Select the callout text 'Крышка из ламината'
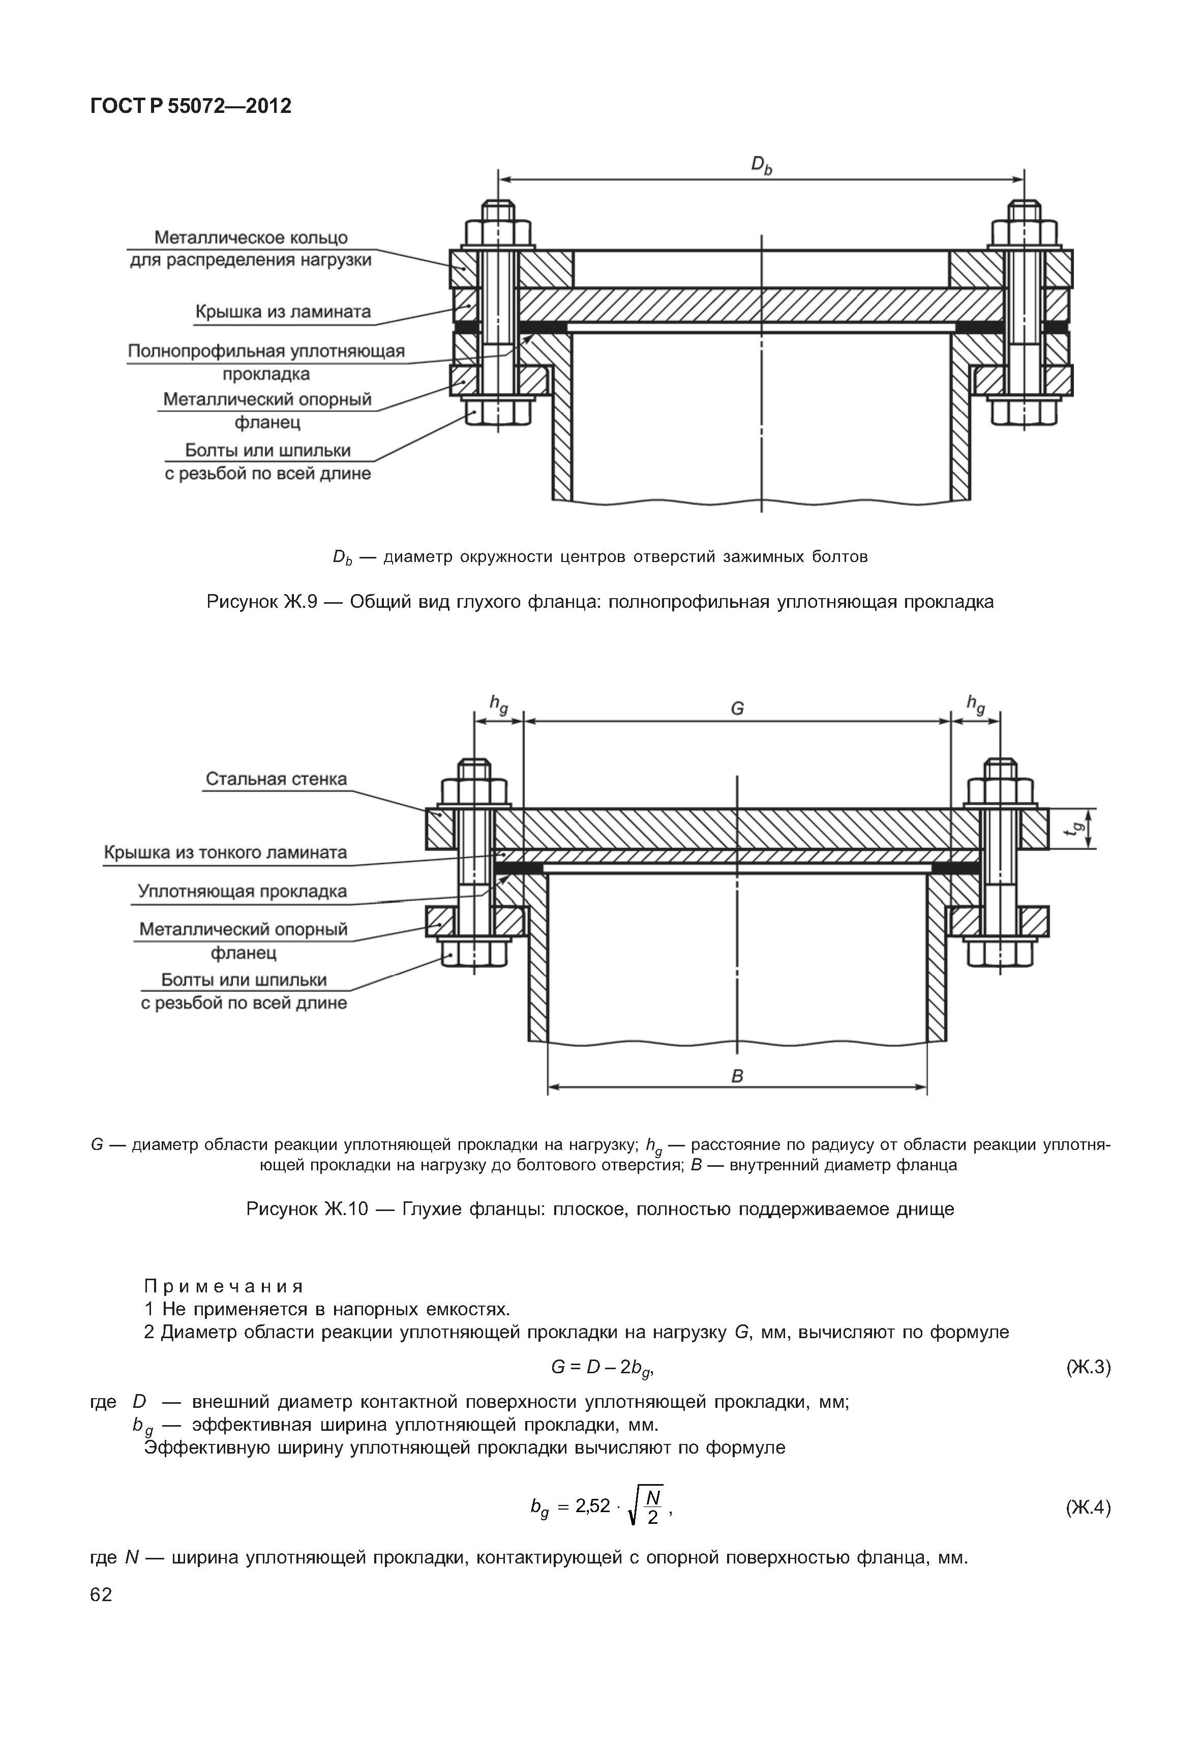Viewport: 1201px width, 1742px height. coord(283,312)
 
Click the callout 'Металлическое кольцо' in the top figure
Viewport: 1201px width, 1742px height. coord(251,238)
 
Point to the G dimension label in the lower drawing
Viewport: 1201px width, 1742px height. coord(737,708)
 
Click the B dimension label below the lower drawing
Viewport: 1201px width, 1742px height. coord(737,1077)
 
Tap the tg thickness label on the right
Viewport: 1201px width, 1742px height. coord(1078,828)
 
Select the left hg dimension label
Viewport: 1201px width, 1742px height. coord(498,704)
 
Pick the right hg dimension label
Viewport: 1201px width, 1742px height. coord(975,704)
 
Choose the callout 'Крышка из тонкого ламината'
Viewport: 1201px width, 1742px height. coord(225,852)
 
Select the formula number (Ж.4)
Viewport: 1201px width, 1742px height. coord(1088,1507)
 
